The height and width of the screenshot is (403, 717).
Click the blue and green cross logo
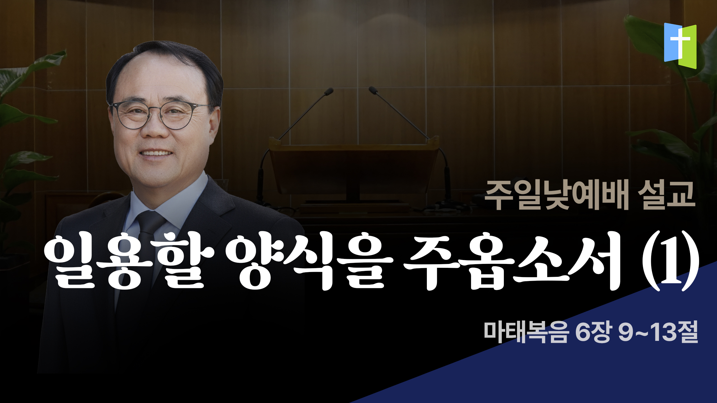680,46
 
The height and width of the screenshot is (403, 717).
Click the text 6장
592,332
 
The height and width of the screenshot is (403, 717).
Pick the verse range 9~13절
658,332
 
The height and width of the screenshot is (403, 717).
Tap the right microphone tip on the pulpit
373,90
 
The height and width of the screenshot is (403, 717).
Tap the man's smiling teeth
156,153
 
